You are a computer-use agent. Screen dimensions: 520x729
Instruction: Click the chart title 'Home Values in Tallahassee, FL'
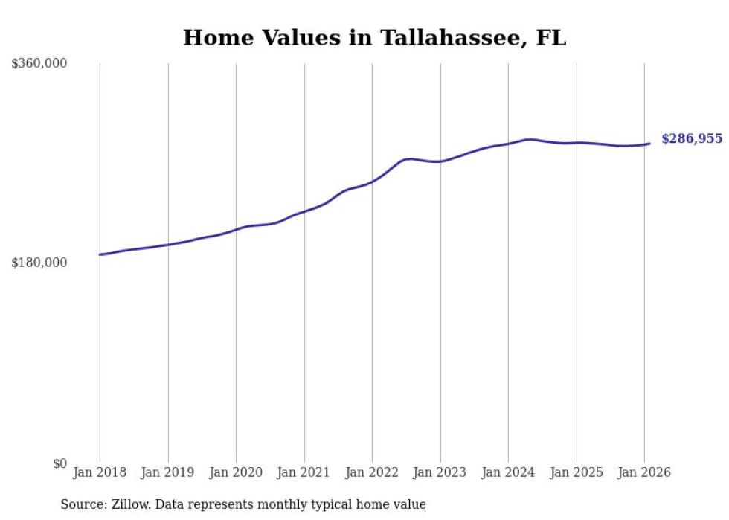[374, 38]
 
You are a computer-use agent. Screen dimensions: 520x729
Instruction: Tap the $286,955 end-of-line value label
[692, 139]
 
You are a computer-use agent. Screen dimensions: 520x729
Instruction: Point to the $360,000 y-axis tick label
[39, 64]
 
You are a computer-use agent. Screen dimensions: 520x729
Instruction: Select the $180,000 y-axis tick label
[39, 263]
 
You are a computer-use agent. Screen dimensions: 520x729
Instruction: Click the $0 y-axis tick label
[59, 463]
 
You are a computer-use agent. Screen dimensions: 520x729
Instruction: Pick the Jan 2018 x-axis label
[100, 473]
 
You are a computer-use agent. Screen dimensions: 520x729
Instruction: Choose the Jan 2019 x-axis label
[168, 473]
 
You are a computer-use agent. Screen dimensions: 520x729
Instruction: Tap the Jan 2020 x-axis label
[236, 473]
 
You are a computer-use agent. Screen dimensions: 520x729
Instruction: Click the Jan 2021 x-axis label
[304, 473]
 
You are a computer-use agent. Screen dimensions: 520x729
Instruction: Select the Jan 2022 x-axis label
[372, 473]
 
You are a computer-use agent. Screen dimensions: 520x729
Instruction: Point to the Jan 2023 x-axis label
[440, 473]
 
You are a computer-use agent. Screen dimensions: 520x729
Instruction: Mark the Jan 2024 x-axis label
[508, 473]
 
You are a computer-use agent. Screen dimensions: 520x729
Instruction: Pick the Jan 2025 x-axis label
[577, 473]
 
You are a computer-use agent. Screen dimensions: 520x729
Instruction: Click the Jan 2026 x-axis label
[644, 473]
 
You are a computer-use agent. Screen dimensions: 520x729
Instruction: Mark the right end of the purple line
[649, 144]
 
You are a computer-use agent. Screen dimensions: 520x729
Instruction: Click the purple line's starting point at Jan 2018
[100, 254]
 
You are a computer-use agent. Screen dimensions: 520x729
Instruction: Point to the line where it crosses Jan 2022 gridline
[372, 182]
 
